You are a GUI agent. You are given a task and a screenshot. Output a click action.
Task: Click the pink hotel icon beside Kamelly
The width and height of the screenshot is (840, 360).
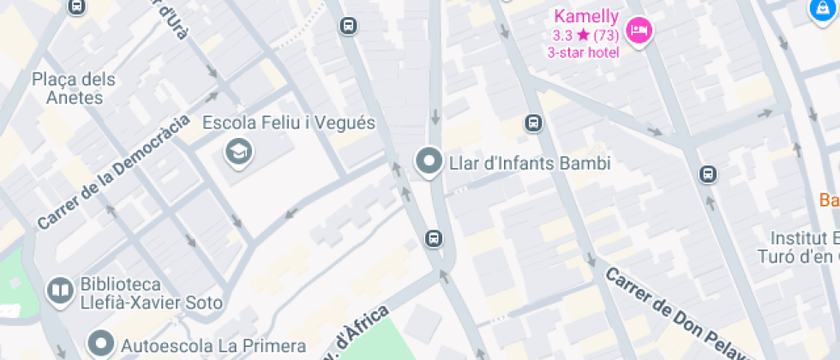[x=639, y=33]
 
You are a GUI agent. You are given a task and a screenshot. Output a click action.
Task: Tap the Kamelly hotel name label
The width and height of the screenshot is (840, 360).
[x=586, y=16]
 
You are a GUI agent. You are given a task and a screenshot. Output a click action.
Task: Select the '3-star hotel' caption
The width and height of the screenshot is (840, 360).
[x=583, y=52]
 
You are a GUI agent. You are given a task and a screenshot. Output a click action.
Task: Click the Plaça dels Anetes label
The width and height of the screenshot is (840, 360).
[x=73, y=88]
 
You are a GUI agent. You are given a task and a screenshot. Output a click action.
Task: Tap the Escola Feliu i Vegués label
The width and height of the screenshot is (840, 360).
[x=289, y=123]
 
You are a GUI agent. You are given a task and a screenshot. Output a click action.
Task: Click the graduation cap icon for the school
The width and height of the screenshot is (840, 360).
[x=238, y=153]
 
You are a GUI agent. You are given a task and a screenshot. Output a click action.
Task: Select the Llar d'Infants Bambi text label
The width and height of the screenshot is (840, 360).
[x=530, y=162]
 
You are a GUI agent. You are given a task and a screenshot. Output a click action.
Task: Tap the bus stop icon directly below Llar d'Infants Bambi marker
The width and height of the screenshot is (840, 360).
[x=434, y=238]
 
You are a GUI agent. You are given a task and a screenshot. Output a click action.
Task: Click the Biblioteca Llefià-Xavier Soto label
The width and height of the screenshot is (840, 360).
[x=151, y=293]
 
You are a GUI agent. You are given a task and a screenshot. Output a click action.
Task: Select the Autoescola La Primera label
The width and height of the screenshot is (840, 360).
[x=213, y=346]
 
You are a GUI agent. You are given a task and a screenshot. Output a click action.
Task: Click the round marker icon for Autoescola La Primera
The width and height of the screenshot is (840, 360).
[x=102, y=345]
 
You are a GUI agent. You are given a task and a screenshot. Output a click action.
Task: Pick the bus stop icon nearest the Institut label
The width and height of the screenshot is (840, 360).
[x=708, y=174]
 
